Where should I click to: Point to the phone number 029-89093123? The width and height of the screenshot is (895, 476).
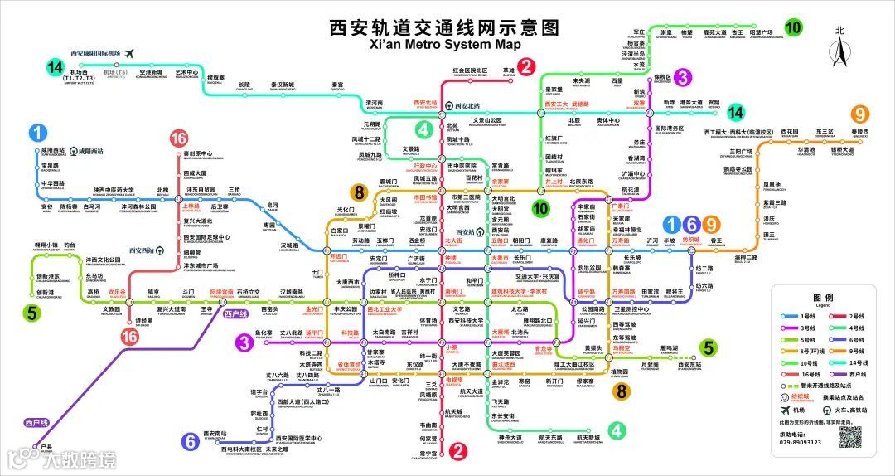[x=801, y=442]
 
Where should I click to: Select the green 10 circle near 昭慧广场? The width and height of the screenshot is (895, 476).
[x=793, y=27]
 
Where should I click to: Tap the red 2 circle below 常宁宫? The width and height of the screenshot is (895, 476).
[x=457, y=451]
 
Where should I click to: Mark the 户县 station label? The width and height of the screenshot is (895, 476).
[x=46, y=445]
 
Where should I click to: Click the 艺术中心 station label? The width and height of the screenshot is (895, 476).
[x=186, y=73]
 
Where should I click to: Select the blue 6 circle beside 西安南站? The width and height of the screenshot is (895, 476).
[x=191, y=440]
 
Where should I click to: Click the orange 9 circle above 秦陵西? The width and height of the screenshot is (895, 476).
[x=862, y=114]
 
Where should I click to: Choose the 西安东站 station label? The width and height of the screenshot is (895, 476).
[x=689, y=365]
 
